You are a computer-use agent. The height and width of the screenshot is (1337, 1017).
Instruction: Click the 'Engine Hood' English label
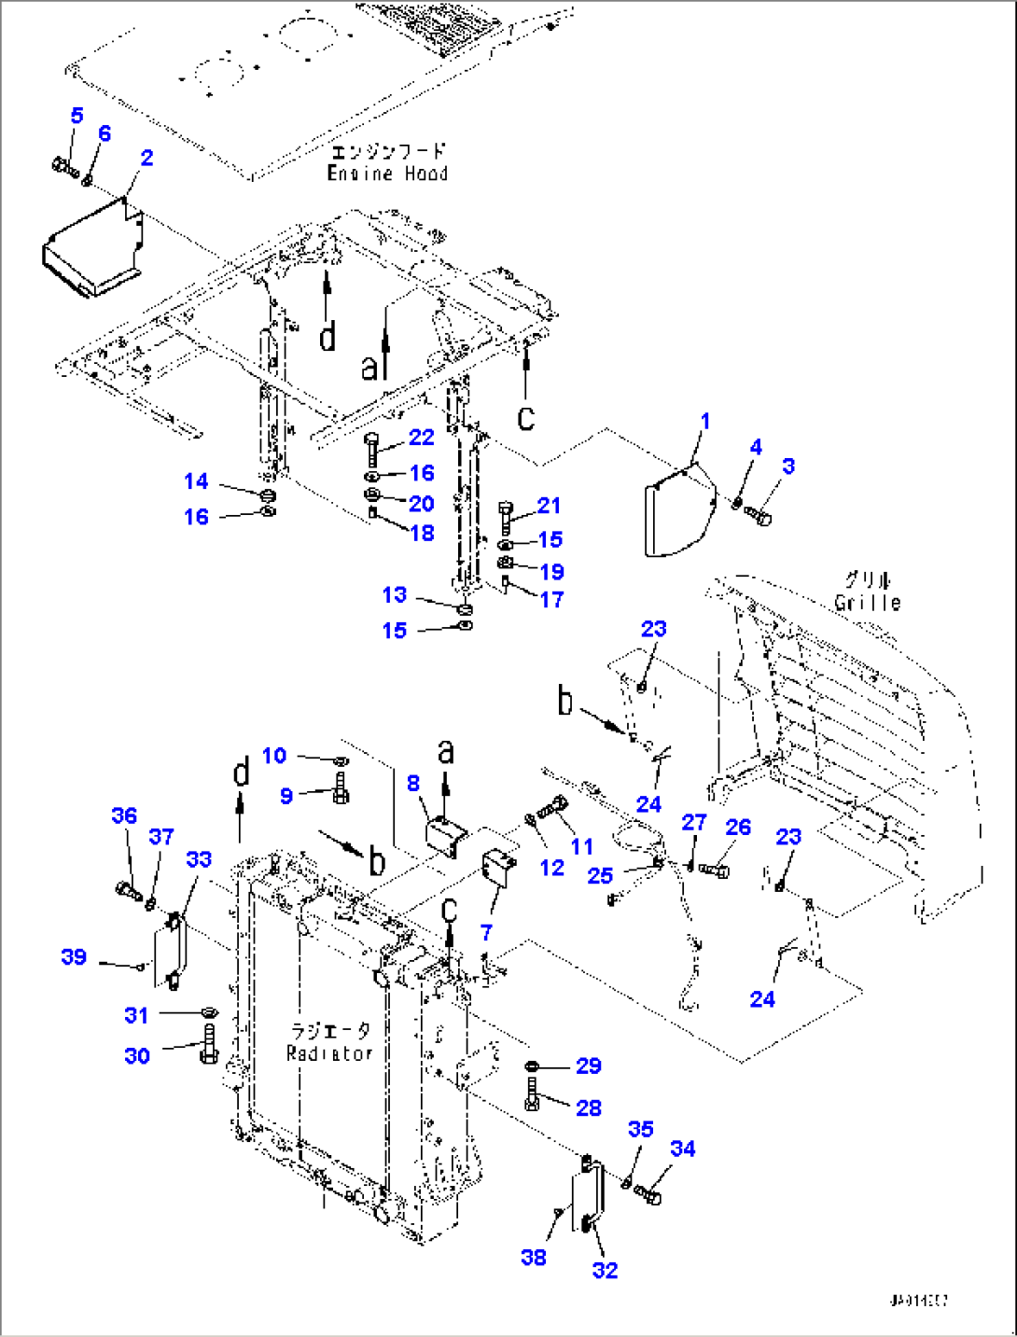click(387, 174)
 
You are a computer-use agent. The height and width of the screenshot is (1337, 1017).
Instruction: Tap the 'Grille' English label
click(868, 603)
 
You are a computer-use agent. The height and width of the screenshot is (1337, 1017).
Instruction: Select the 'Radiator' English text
click(329, 1053)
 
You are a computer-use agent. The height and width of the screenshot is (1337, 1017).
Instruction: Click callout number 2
click(146, 158)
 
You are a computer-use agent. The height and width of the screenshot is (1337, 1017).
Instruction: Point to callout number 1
click(705, 421)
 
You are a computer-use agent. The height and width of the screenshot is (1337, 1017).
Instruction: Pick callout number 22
click(422, 438)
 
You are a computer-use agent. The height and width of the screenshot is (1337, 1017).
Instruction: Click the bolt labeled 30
click(208, 1043)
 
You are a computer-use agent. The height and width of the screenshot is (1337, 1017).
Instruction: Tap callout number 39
click(74, 956)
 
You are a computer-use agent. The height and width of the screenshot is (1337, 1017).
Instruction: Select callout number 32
click(605, 1270)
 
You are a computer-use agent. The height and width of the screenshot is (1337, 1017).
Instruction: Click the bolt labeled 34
click(649, 1193)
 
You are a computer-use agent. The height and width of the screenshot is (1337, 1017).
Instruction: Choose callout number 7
click(485, 932)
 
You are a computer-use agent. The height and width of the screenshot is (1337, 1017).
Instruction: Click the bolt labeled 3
click(759, 516)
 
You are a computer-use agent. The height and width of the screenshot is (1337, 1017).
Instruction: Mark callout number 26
click(738, 827)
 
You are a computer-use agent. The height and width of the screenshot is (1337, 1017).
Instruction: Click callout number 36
click(124, 815)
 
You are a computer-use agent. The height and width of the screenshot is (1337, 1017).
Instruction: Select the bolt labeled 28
click(532, 1093)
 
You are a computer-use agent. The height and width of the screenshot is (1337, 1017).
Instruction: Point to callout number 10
click(273, 755)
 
